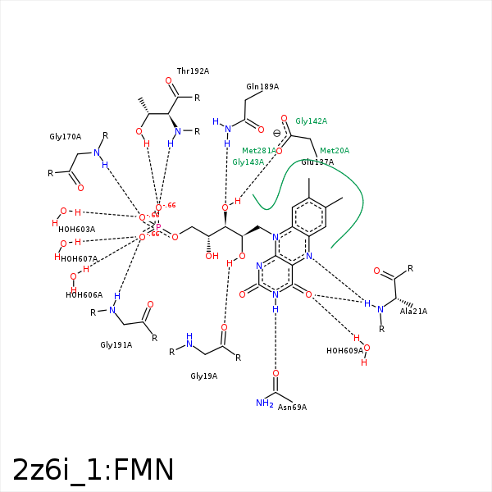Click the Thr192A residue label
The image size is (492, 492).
tap(193, 71)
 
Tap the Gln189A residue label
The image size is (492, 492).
tap(262, 86)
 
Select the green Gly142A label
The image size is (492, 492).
tap(311, 121)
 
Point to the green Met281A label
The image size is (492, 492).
tap(258, 151)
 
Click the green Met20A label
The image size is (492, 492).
tap(335, 151)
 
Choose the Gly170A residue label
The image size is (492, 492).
tap(66, 137)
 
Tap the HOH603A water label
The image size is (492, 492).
tap(76, 230)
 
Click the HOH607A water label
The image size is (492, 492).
tap(79, 259)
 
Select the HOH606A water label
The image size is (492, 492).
tap(84, 295)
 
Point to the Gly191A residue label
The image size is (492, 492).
tap(116, 345)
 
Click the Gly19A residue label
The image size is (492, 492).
tap(203, 376)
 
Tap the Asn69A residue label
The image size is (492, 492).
tap(292, 407)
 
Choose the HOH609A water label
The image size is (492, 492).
tap(344, 351)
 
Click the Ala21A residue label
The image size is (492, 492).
tap(413, 312)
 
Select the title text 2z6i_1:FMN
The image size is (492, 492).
tap(93, 470)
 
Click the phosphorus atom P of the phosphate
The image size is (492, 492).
tap(157, 227)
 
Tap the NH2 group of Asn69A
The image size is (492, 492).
tap(264, 403)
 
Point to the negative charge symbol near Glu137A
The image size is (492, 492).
tap(276, 134)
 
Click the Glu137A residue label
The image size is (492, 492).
tap(317, 162)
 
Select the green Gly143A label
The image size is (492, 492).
tap(248, 162)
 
